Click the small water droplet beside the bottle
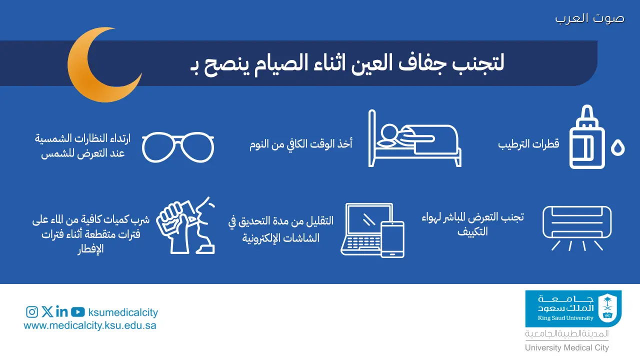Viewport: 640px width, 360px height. click(618, 148)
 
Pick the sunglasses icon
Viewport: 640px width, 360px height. click(178, 148)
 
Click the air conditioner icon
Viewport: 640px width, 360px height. click(577, 222)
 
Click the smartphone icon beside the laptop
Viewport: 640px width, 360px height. click(392, 239)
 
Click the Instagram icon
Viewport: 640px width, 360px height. click(32, 312)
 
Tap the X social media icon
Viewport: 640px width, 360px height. click(47, 312)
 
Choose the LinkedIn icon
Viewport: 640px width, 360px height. click(62, 312)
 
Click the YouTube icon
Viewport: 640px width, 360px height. click(77, 312)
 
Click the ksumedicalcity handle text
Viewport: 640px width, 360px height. click(122, 313)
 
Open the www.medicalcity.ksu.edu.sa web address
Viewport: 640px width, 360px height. click(90, 325)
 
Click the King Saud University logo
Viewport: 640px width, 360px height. click(573, 308)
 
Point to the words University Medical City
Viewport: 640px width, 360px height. click(566, 348)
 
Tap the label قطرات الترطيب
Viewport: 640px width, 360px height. click(528, 144)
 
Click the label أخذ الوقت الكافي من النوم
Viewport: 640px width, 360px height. click(301, 144)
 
